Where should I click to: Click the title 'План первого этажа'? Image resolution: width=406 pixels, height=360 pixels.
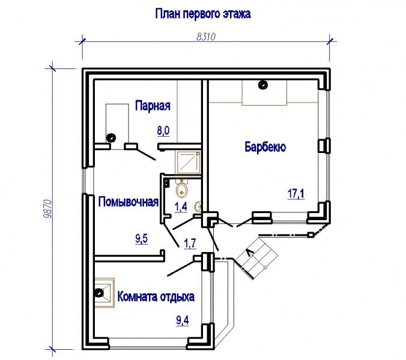203,14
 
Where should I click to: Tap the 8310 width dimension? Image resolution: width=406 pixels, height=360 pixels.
206,37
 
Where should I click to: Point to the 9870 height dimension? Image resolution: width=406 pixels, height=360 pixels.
48,209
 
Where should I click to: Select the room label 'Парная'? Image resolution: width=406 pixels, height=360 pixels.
153,106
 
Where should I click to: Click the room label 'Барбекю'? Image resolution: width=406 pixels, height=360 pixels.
265,147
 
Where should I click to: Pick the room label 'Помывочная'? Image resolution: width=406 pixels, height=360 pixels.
129,202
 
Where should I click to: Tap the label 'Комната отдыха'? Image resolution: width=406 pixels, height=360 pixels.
156,296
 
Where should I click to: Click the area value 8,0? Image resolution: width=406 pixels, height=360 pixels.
163,131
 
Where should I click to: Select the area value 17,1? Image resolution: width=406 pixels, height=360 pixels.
296,194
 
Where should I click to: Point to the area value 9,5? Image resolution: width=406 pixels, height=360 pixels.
141,238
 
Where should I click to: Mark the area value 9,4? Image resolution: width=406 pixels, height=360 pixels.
183,320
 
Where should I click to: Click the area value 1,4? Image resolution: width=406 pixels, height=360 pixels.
181,207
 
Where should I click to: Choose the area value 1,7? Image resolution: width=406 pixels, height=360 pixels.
190,244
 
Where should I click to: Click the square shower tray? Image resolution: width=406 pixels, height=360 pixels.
188,163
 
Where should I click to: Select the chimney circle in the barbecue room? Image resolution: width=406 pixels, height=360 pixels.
263,85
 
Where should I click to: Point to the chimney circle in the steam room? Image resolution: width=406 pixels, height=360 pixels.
112,137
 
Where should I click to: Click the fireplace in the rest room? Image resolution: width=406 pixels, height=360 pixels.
105,293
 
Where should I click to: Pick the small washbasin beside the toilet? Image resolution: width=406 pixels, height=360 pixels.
198,206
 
